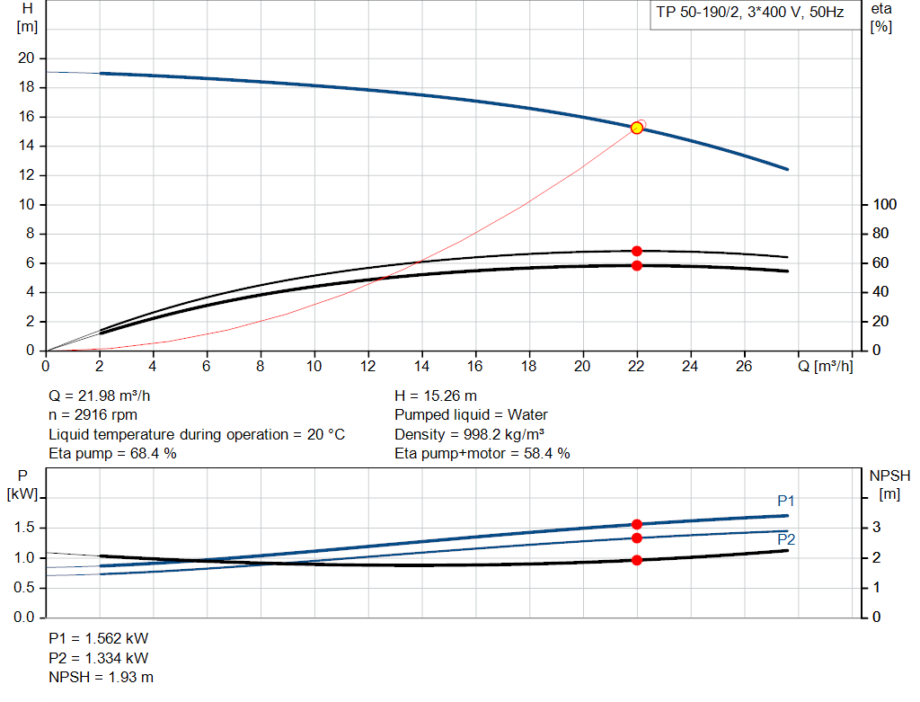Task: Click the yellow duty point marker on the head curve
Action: pos(637,128)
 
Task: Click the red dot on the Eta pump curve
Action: pos(637,251)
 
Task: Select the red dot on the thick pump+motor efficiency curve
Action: pos(637,265)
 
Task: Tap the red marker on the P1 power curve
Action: pos(637,524)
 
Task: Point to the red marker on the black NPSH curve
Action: pos(637,560)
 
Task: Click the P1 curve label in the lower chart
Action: pos(786,501)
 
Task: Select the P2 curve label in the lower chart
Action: pos(786,539)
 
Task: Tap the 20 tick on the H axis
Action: pos(26,58)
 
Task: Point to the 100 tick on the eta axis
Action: pos(884,205)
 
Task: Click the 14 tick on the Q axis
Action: pos(421,366)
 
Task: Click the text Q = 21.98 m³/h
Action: pos(106,395)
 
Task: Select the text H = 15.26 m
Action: pos(436,395)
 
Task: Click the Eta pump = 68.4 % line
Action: pos(112,454)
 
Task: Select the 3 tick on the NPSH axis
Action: pos(875,528)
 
